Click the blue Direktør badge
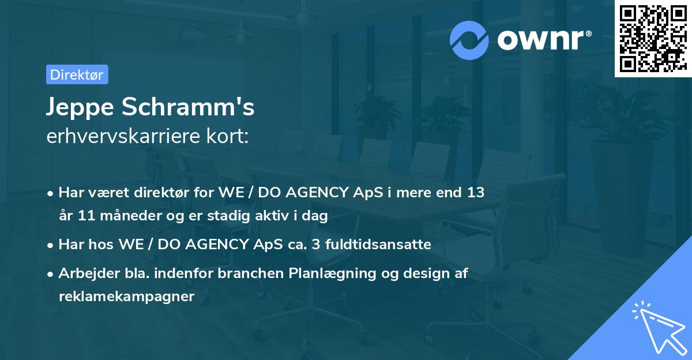pos(77,74)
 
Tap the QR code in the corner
pos(653,38)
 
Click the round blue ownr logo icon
pos(469,40)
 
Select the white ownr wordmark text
pos(544,40)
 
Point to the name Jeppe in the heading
pos(80,107)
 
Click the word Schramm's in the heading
pos(188,107)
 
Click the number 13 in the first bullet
pos(475,192)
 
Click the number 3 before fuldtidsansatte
pos(316,245)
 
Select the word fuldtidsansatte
pos(378,244)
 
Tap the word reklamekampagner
pos(127,297)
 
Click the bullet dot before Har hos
pos(50,246)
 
